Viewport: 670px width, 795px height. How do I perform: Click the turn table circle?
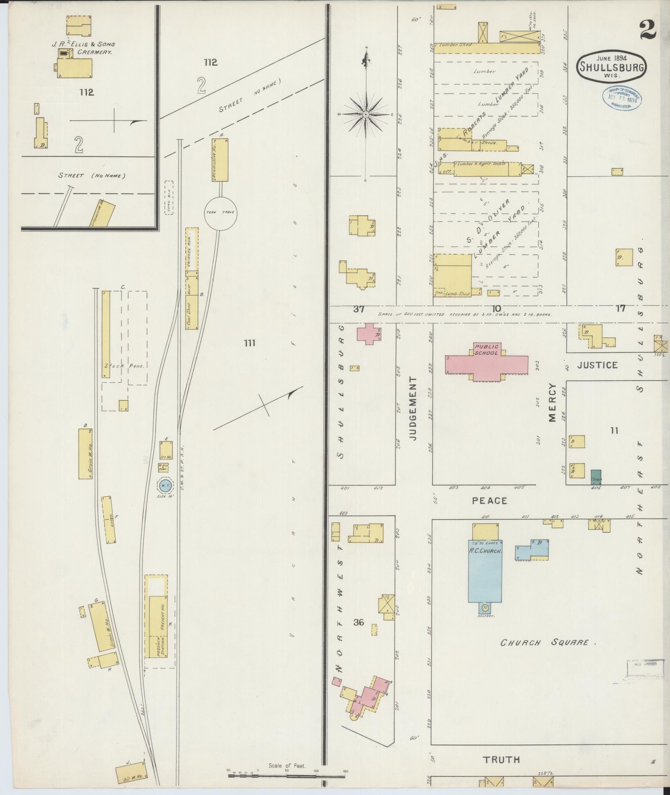click(x=219, y=212)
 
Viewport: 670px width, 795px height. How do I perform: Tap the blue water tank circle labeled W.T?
click(x=164, y=485)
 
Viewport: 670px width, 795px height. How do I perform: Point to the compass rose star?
click(x=366, y=114)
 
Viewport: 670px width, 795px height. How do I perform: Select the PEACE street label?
click(x=489, y=500)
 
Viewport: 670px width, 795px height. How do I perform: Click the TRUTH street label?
click(x=501, y=760)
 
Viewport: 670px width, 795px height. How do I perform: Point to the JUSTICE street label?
click(x=597, y=365)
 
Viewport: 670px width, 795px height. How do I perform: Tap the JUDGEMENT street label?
click(x=412, y=409)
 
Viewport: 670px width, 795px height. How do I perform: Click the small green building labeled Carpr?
click(x=596, y=477)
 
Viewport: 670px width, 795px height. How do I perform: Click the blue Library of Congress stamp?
click(x=621, y=99)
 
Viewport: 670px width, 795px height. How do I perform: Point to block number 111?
click(x=249, y=343)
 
